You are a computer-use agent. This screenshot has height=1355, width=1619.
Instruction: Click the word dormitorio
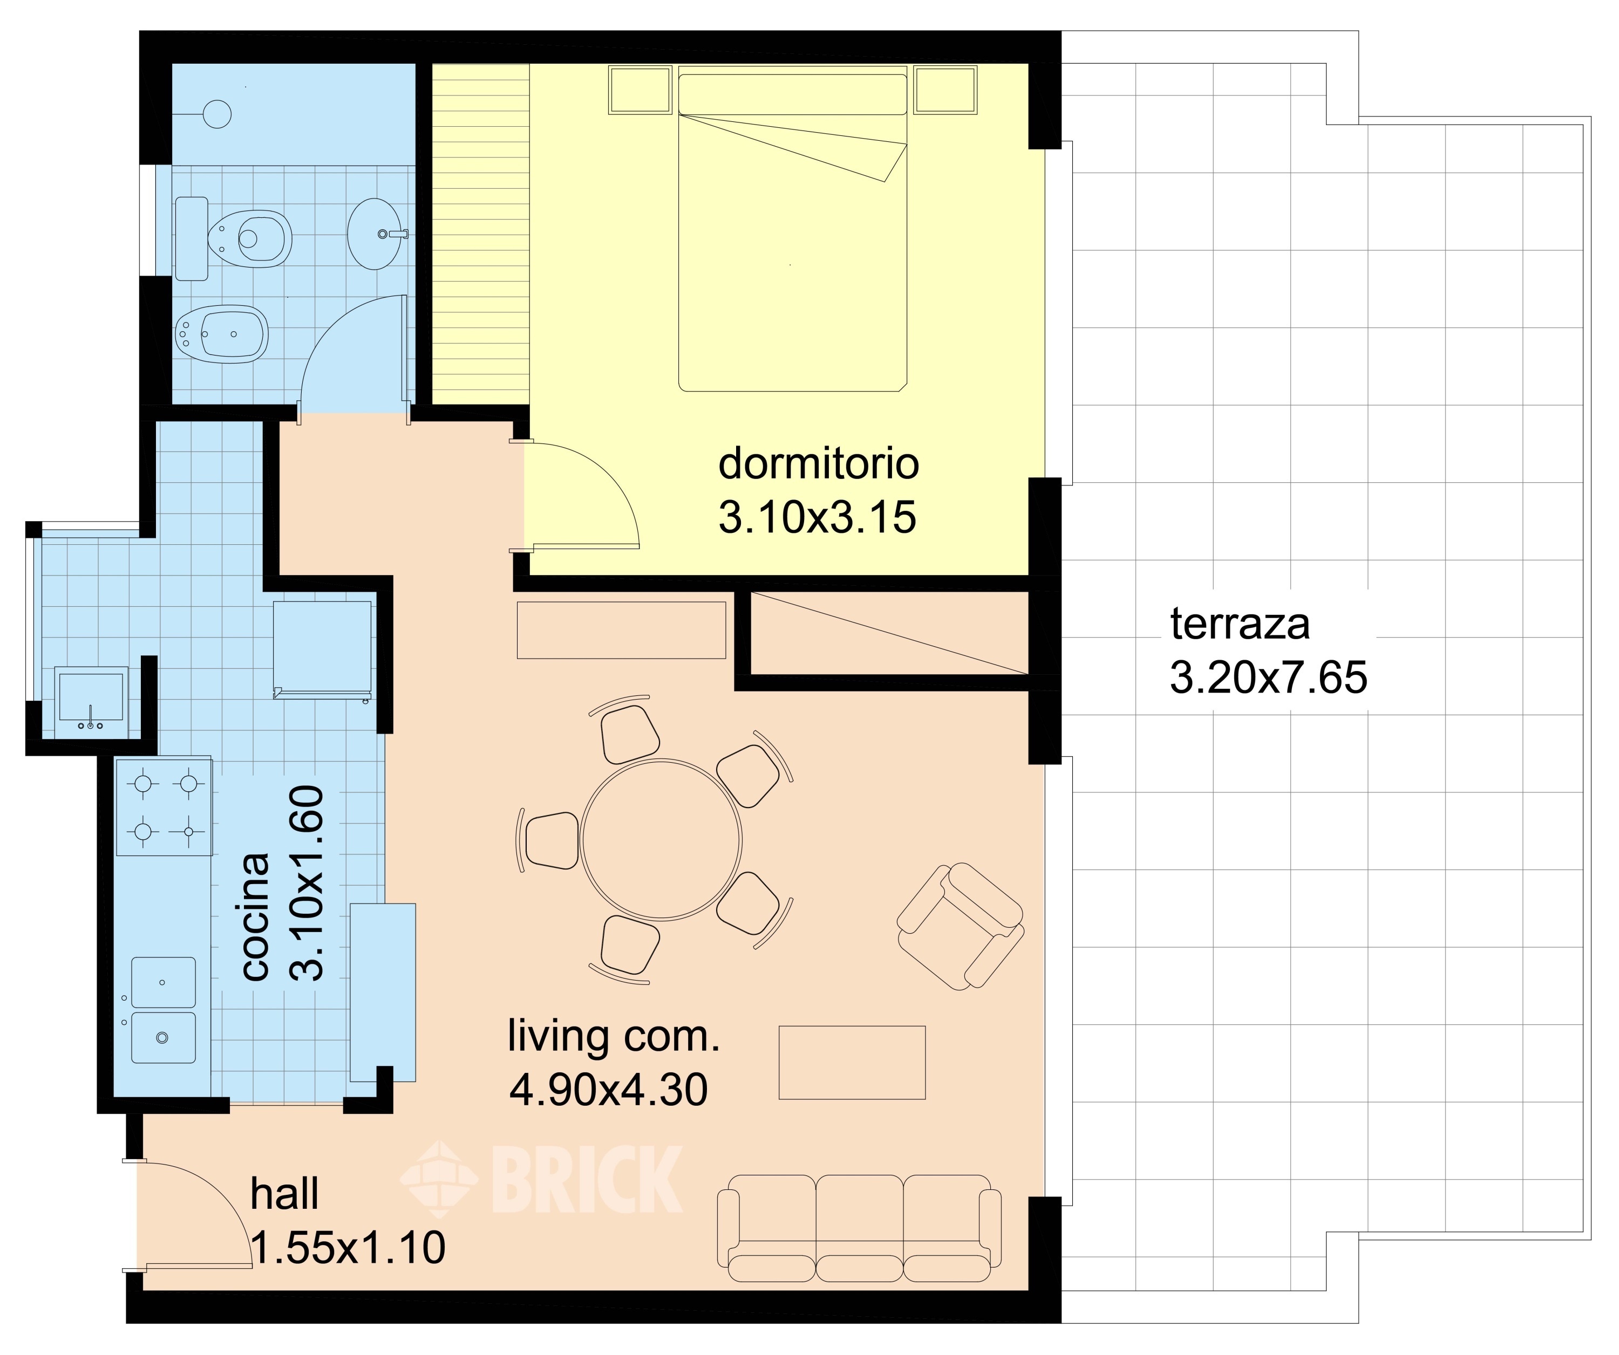tap(819, 463)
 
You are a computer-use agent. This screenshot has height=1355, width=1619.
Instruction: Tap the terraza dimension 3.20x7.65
tap(1268, 677)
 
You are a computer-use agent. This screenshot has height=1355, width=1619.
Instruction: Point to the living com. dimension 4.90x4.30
tap(608, 1090)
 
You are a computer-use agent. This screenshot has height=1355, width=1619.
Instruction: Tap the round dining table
tap(662, 839)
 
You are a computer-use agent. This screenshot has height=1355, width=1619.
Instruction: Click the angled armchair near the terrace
tap(960, 926)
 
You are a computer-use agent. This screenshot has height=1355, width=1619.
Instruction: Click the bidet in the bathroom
tap(221, 334)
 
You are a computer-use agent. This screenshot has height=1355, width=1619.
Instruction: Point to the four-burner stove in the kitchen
tap(164, 807)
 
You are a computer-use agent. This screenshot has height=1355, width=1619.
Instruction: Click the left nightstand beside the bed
tap(640, 90)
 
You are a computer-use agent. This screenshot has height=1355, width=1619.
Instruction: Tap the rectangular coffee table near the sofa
tap(852, 1062)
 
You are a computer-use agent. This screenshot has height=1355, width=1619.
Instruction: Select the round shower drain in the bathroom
tap(216, 114)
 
